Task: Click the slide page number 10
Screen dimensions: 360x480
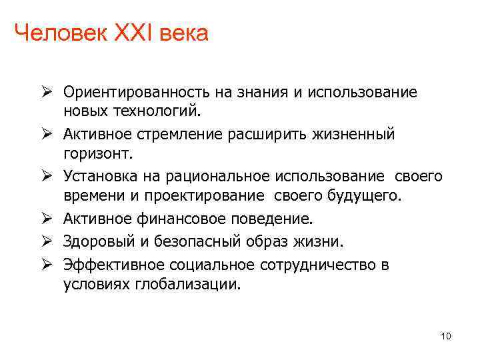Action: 446,337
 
